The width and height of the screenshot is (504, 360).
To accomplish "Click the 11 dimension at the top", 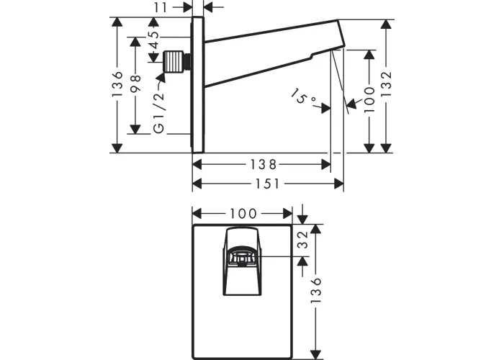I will pyautogui.click(x=161, y=7).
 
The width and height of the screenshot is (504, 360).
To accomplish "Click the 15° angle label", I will pyautogui.click(x=304, y=98).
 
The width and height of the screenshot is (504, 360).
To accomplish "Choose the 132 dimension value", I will pyautogui.click(x=387, y=85).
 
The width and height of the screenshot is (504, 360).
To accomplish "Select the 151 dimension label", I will pyautogui.click(x=267, y=184).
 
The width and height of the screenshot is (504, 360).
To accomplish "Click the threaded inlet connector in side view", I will pyautogui.click(x=175, y=62).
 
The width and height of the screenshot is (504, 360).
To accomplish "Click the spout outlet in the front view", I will pyautogui.click(x=242, y=257).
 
